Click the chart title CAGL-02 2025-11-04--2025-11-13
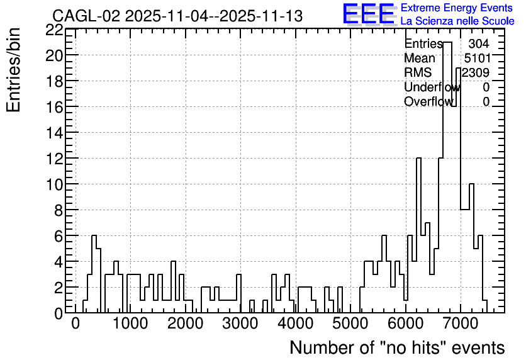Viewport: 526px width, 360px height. tap(177, 16)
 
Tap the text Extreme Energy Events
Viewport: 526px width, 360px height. tap(457, 8)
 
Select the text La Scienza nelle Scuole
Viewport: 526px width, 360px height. tap(457, 21)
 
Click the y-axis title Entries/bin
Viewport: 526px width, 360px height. tap(14, 70)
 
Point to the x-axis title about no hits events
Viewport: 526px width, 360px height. tap(397, 347)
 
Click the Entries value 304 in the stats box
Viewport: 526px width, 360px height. tap(479, 43)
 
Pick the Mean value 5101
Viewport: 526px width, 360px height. tap(478, 58)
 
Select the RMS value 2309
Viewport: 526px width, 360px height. tap(475, 72)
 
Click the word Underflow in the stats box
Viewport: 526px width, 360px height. tap(432, 87)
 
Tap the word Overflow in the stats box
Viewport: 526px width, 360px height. tap(428, 101)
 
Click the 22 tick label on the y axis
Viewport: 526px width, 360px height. tap(54, 30)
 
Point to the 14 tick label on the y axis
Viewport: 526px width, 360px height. tap(54, 133)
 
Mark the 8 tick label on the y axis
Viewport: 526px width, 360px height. tap(59, 210)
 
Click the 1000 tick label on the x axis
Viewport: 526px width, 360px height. tap(130, 323)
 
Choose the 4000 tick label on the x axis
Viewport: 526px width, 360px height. tap(296, 323)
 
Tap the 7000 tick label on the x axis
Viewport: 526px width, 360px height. tap(461, 323)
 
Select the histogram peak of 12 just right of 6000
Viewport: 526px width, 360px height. tap(418, 235)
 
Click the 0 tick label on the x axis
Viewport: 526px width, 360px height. tap(76, 323)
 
